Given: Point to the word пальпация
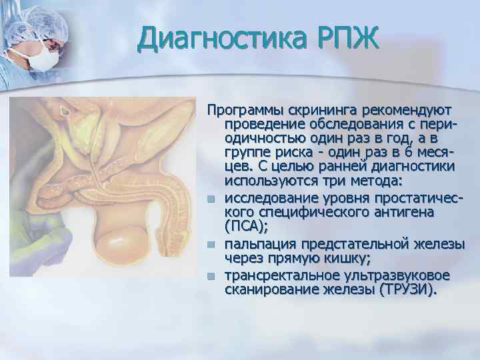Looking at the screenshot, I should [x=258, y=245].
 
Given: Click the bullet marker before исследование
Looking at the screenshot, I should [x=211, y=198].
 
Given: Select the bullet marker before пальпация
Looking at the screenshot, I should [x=211, y=245].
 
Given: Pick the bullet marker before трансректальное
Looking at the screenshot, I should [x=211, y=275].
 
